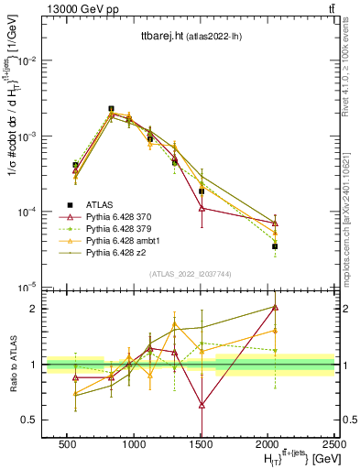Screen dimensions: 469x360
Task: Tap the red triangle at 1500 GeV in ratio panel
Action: pyautogui.click(x=201, y=404)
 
